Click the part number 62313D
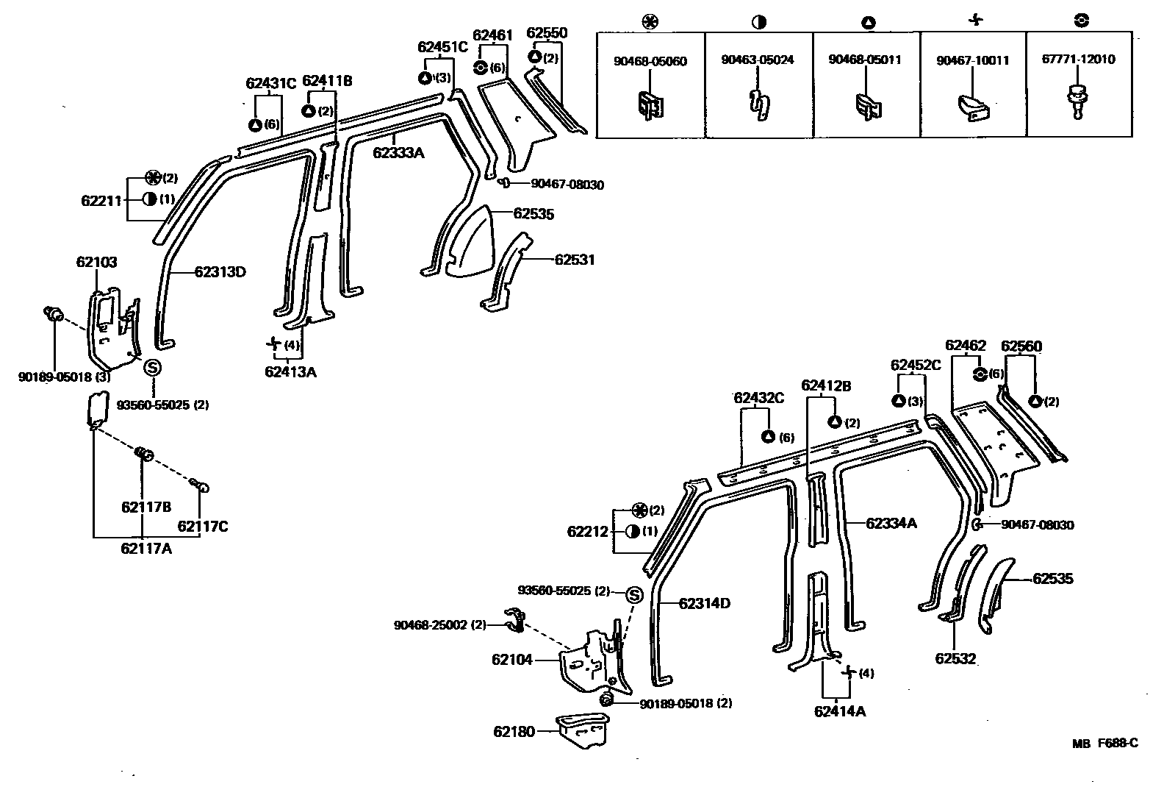click(220, 272)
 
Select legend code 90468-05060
click(650, 61)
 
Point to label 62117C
click(202, 527)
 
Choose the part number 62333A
click(398, 153)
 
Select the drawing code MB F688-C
click(1104, 744)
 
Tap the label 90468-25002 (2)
click(440, 625)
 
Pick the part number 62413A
click(290, 371)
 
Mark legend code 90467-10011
click(972, 61)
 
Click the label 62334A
click(891, 523)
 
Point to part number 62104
click(512, 660)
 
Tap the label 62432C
click(758, 398)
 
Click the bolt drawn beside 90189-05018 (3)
click(53, 314)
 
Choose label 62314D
click(704, 604)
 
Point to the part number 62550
click(547, 33)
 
